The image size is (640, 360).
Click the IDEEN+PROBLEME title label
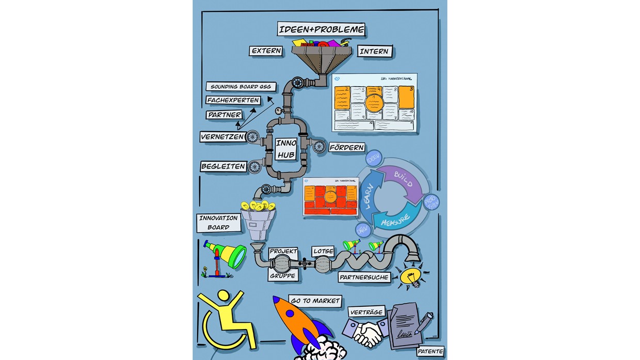tap(321, 29)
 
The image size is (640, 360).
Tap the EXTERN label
tap(266, 51)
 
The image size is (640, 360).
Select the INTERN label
tap(374, 51)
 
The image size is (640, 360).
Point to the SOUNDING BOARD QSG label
tap(241, 87)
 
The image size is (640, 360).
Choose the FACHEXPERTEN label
tap(233, 100)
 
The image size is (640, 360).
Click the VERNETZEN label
tap(222, 136)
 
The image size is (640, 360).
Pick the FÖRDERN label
tap(347, 147)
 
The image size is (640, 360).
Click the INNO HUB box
tap(285, 149)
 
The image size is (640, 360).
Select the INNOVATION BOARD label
tap(218, 223)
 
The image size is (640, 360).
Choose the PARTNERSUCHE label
tap(364, 277)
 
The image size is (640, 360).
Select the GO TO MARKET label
tap(315, 301)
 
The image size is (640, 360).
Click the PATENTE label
tap(430, 352)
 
